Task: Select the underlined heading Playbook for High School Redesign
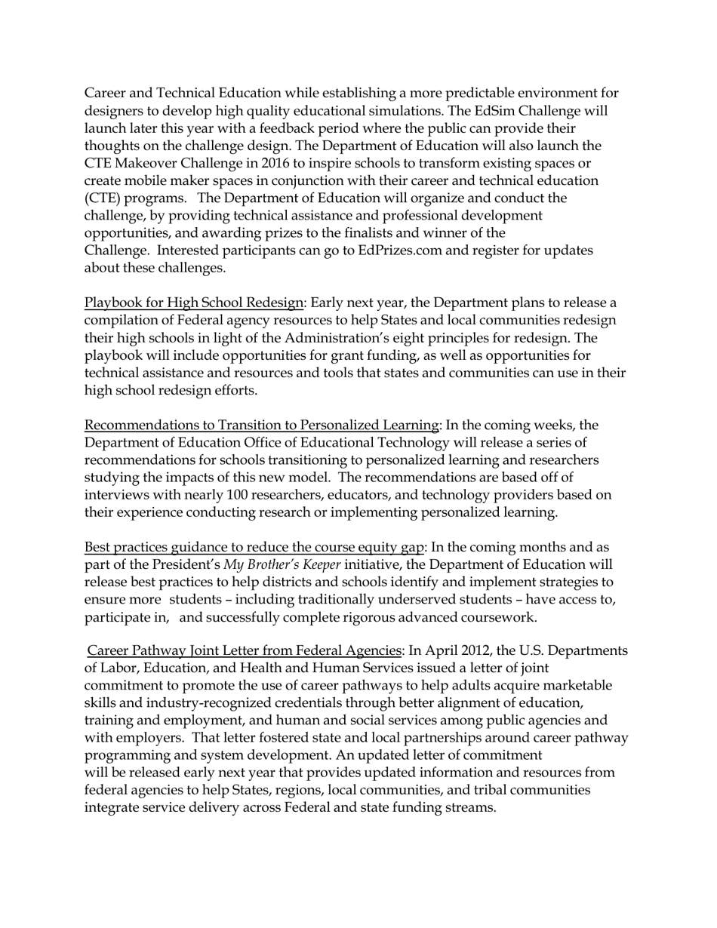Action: coord(193,303)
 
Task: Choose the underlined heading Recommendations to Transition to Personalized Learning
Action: coord(261,425)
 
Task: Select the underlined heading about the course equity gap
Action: coord(254,547)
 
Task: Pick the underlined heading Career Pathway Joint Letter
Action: coord(244,650)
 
